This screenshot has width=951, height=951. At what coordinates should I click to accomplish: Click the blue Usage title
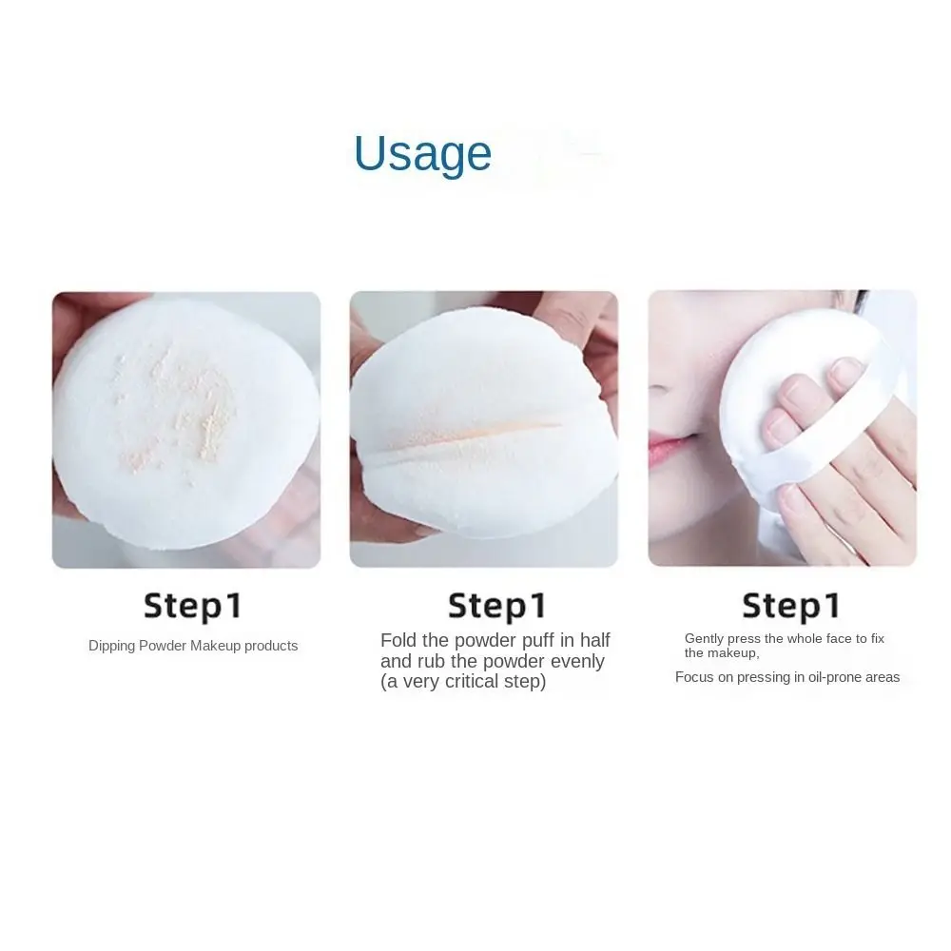(422, 154)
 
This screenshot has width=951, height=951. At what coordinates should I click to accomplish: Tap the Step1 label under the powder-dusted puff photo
(193, 605)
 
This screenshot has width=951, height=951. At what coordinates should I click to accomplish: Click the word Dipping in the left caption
(111, 646)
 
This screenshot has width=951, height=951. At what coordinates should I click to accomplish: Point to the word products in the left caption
(271, 646)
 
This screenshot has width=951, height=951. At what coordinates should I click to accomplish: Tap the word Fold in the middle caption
(398, 640)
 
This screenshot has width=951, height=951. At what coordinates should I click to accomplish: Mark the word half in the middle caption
(592, 640)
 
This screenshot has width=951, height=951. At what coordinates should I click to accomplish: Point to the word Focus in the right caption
(694, 677)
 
